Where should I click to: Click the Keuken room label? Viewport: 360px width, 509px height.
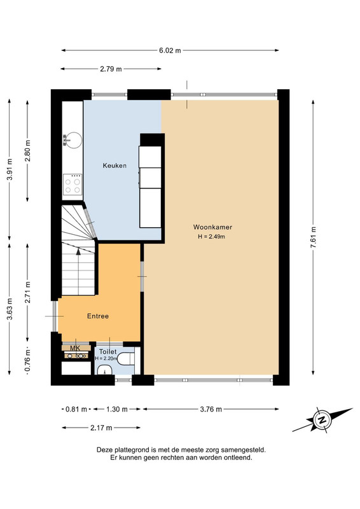[x=114, y=165]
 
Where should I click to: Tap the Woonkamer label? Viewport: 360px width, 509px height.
[x=212, y=227]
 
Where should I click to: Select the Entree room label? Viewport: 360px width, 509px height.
[x=98, y=316]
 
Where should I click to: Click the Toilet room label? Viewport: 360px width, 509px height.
[x=107, y=352]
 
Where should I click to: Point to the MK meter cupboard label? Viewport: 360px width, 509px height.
[x=75, y=348]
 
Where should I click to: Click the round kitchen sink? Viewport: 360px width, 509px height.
[x=74, y=140]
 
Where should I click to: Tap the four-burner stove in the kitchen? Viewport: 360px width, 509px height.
[x=73, y=185]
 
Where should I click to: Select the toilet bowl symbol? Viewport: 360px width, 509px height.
[x=126, y=359]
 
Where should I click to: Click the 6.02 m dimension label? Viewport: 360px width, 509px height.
[x=170, y=50]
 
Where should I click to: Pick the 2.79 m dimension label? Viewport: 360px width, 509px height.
[x=111, y=69]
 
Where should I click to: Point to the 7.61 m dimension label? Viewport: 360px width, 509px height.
[x=314, y=237]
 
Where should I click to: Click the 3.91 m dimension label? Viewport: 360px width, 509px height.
[x=10, y=169]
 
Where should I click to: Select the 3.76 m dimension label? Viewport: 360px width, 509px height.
[x=211, y=409]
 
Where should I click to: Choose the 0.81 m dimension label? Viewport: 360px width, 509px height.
[x=76, y=409]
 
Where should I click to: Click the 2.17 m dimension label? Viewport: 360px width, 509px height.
[x=101, y=428]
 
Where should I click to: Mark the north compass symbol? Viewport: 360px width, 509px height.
[x=322, y=420]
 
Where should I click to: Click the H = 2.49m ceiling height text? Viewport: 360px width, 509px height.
[x=211, y=237]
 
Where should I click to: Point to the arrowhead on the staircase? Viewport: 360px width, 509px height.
[x=78, y=251]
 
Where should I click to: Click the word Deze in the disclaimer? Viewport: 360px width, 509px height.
[x=104, y=450]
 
